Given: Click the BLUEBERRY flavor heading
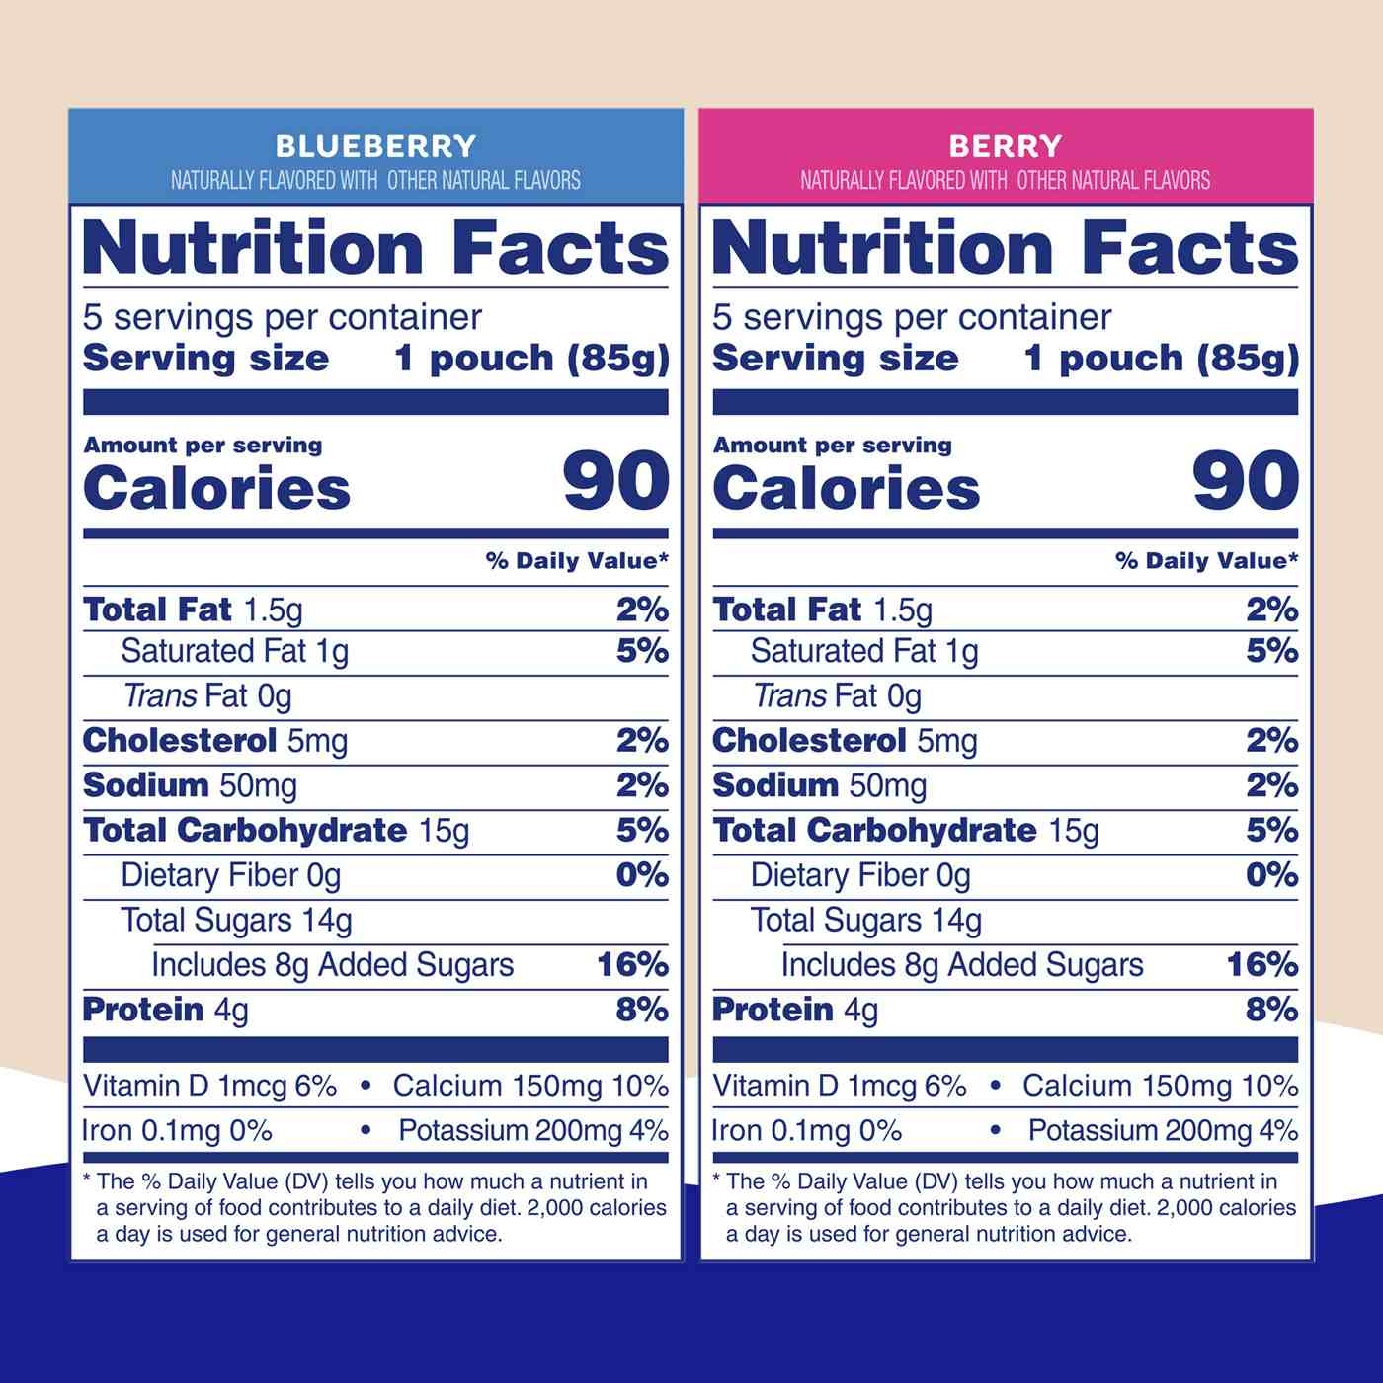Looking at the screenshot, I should (375, 146).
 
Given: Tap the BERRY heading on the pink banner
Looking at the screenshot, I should (1005, 146).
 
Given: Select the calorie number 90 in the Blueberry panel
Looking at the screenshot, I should (615, 481).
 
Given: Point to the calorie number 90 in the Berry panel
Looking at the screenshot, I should (1245, 481).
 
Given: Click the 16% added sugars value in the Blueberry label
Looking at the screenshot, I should (632, 964).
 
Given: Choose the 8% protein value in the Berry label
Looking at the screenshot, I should (1271, 1009).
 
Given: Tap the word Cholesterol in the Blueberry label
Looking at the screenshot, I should (180, 740).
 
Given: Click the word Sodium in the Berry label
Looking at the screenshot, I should (775, 785).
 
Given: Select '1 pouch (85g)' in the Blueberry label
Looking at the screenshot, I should (531, 358).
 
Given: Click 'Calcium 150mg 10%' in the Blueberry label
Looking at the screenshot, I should (530, 1086).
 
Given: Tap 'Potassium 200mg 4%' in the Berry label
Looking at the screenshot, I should (1163, 1130).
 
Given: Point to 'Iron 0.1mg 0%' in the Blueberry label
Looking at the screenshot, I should (177, 1130).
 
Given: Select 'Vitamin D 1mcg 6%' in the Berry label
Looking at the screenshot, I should (839, 1086).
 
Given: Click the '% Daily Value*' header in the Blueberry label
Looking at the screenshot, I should (577, 560).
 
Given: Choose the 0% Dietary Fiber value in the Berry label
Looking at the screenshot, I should (1271, 874).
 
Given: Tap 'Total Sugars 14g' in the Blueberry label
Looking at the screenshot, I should (236, 920).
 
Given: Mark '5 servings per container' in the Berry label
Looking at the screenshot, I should (912, 317).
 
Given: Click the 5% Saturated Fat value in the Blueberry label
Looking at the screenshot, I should (642, 651).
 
